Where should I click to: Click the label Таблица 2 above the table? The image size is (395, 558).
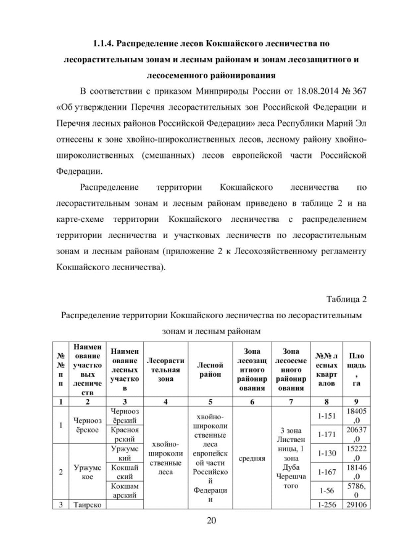[x=347, y=299]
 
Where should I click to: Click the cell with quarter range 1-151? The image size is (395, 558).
[x=326, y=416]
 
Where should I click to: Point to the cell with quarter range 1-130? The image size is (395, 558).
[x=326, y=453]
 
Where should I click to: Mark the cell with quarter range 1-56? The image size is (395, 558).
[x=326, y=492]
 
